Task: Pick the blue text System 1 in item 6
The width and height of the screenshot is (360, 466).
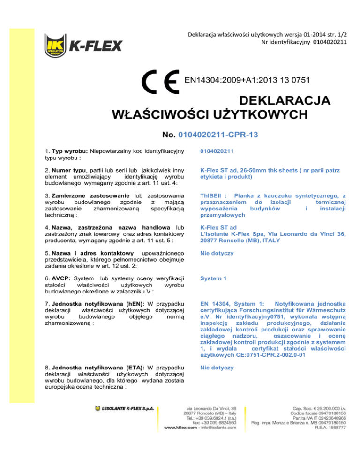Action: pyautogui.click(x=213, y=278)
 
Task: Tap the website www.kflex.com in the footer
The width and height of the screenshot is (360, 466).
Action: pyautogui.click(x=183, y=428)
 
